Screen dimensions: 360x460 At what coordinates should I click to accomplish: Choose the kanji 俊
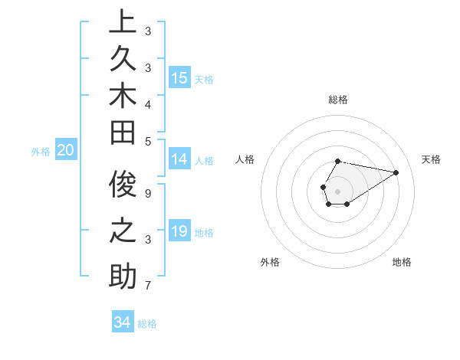123,185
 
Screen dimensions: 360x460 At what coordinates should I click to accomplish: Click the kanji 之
123,231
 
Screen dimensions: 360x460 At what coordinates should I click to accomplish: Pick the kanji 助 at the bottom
123,277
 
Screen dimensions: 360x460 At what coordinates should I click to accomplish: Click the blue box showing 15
179,77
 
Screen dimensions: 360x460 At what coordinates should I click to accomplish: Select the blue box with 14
179,159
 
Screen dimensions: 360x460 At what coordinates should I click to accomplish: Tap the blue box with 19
179,231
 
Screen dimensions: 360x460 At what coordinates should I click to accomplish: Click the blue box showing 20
66,150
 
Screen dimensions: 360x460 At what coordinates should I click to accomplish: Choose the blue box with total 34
122,322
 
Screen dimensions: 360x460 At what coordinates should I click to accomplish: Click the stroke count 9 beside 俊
148,194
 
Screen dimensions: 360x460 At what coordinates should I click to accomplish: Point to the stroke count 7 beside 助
148,286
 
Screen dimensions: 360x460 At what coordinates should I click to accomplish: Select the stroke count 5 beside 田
148,141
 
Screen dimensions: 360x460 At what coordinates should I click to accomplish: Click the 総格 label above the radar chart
338,100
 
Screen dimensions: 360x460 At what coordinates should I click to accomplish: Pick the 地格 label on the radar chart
402,262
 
